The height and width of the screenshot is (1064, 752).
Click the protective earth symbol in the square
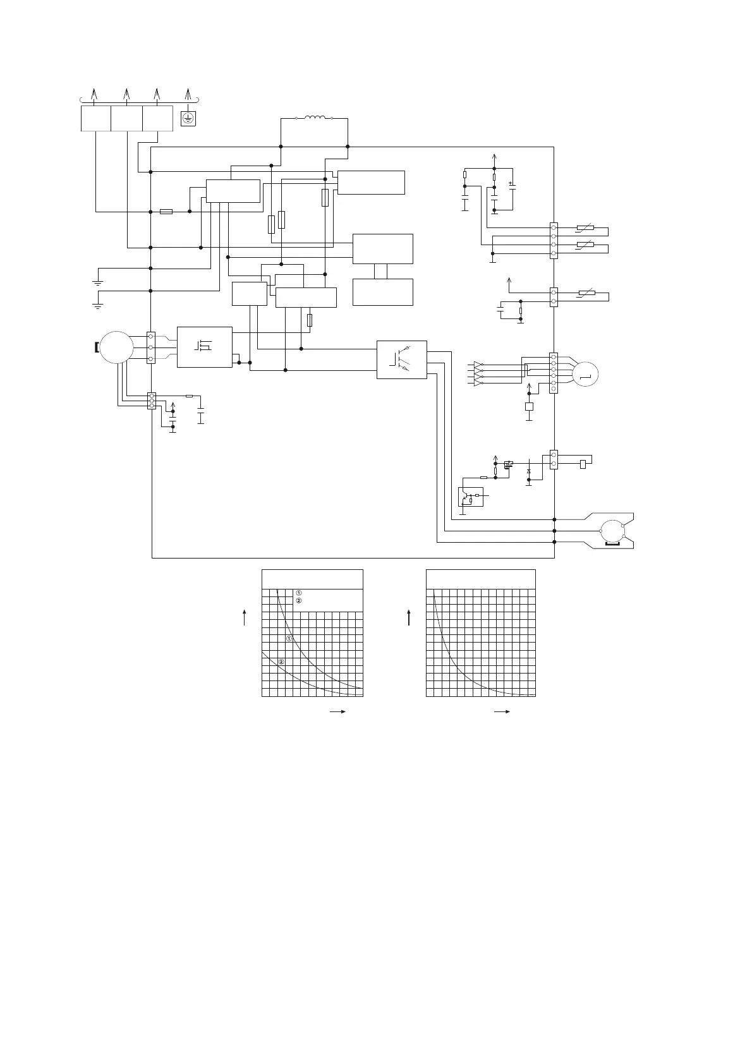click(x=188, y=118)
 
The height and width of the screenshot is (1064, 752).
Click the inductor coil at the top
click(x=315, y=118)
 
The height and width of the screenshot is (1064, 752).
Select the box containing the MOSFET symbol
click(x=204, y=347)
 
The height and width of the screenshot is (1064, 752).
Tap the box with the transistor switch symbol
click(x=401, y=360)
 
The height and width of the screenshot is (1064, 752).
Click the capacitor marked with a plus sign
click(x=512, y=188)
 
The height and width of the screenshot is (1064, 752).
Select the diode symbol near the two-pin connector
click(x=529, y=471)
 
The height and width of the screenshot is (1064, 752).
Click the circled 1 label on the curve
click(x=289, y=639)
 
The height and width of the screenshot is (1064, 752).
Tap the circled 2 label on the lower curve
click(x=282, y=662)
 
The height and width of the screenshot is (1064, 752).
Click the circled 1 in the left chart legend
click(x=298, y=593)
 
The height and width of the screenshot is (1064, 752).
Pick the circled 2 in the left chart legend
click(x=298, y=600)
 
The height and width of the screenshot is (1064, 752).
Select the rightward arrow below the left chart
click(x=338, y=711)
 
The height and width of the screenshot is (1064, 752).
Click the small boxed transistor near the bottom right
click(x=470, y=497)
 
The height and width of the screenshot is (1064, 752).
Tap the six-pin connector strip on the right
click(x=554, y=373)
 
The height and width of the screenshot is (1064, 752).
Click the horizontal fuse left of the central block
click(x=166, y=212)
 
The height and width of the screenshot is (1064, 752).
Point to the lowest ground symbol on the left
click(x=97, y=306)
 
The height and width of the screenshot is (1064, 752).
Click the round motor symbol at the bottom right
click(x=611, y=531)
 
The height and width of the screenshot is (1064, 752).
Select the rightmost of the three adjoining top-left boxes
click(x=157, y=119)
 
